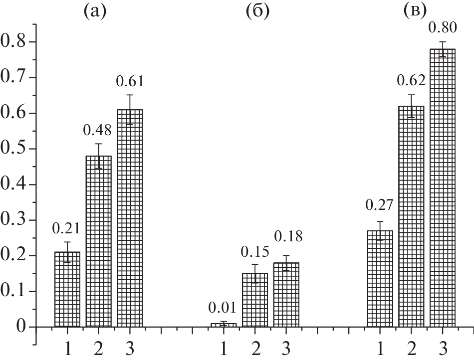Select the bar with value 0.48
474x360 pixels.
click(x=98, y=241)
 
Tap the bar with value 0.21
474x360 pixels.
click(x=67, y=289)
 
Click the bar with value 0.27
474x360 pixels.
click(x=380, y=279)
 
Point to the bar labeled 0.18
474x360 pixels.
click(x=286, y=295)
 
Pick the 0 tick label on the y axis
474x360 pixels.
click(x=20, y=327)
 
